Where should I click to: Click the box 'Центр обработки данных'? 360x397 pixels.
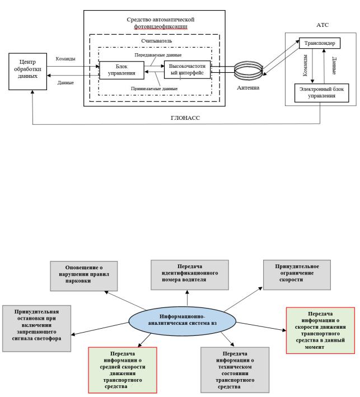(x=27, y=72)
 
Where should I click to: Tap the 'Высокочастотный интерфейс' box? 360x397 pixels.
(x=187, y=70)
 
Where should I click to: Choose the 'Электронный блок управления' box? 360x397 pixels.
(x=321, y=92)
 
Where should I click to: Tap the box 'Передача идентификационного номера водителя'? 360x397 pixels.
(x=190, y=275)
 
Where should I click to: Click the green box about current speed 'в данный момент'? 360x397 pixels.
(x=320, y=330)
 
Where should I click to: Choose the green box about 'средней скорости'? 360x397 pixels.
(x=121, y=369)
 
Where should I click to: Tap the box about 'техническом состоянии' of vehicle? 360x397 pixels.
(x=235, y=369)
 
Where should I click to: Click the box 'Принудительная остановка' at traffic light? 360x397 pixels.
(x=37, y=327)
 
